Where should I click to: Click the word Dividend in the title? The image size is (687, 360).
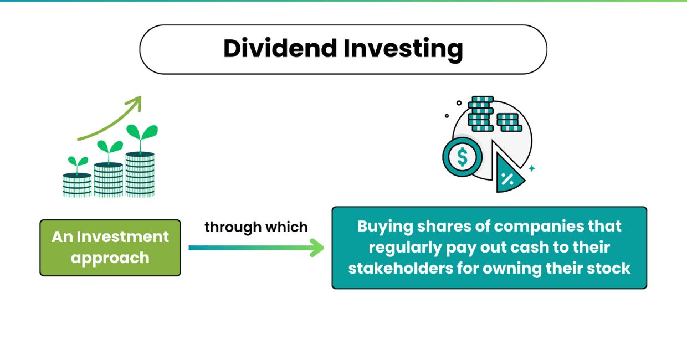(280, 49)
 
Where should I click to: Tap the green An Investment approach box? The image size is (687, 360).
(110, 248)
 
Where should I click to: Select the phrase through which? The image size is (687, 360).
(256, 227)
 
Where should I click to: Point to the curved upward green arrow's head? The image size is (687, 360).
(136, 101)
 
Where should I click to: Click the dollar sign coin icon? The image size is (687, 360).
(462, 157)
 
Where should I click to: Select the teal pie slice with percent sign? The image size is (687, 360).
(507, 176)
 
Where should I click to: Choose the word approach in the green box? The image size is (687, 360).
(110, 258)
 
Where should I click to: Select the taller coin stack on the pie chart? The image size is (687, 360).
(480, 114)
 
